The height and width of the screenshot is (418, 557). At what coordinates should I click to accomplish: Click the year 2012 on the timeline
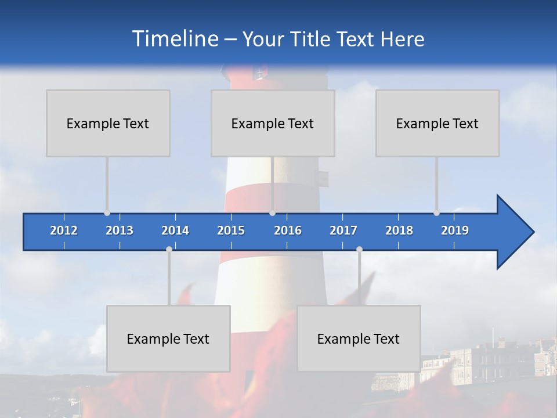[x=64, y=230]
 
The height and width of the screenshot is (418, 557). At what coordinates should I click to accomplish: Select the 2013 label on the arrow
[x=120, y=230]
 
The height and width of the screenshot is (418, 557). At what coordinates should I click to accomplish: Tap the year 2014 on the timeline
[x=175, y=230]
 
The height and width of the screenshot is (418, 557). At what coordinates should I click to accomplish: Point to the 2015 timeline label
[x=231, y=230]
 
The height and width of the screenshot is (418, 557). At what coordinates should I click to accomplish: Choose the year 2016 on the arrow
[x=288, y=230]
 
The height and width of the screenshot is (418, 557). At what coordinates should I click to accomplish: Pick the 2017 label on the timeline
[x=343, y=230]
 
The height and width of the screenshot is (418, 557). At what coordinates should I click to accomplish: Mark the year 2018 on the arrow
[x=399, y=230]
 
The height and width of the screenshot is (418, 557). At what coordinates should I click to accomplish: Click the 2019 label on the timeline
[x=455, y=230]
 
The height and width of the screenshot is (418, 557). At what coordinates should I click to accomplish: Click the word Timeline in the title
[x=174, y=39]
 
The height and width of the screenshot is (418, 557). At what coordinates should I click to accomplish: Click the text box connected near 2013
[x=108, y=123]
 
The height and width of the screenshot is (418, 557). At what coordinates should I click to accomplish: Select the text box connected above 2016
[x=273, y=123]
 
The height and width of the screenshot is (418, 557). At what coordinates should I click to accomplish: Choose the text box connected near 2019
[x=437, y=123]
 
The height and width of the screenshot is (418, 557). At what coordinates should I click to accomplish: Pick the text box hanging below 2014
[x=168, y=338]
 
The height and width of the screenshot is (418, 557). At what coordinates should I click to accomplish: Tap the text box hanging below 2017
[x=359, y=338]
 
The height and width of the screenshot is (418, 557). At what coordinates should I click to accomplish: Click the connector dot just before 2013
[x=107, y=213]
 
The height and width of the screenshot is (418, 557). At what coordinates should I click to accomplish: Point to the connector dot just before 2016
[x=273, y=213]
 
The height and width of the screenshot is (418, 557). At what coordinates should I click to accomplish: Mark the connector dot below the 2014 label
[x=169, y=250]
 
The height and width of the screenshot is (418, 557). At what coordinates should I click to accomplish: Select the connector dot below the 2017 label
[x=359, y=250]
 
